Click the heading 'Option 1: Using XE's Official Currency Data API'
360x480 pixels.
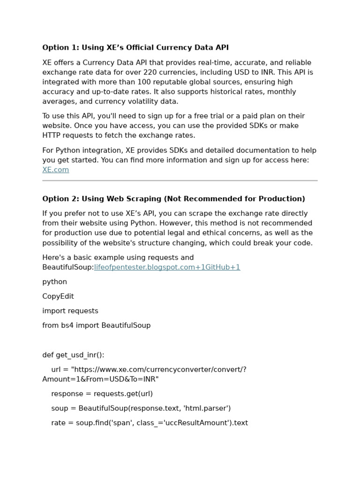[x=135, y=47]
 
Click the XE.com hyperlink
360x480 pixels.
[x=55, y=170]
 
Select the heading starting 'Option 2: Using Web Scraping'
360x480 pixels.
[x=173, y=199]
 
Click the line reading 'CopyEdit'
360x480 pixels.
[x=58, y=296]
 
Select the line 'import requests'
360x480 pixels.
[x=70, y=311]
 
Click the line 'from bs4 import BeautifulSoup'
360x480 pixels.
[x=97, y=325]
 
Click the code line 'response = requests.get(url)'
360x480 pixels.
[x=102, y=394]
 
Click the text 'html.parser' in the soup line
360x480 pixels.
[x=206, y=408]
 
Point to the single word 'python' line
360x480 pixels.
[x=55, y=282]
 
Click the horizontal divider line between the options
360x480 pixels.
[x=180, y=180]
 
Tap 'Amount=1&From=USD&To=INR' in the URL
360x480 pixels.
[x=100, y=379]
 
